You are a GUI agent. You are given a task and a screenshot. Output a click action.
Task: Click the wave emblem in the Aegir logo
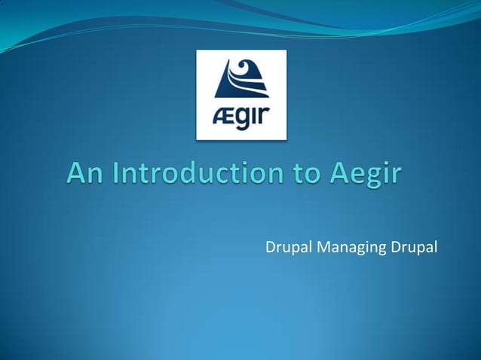point(242,78)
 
